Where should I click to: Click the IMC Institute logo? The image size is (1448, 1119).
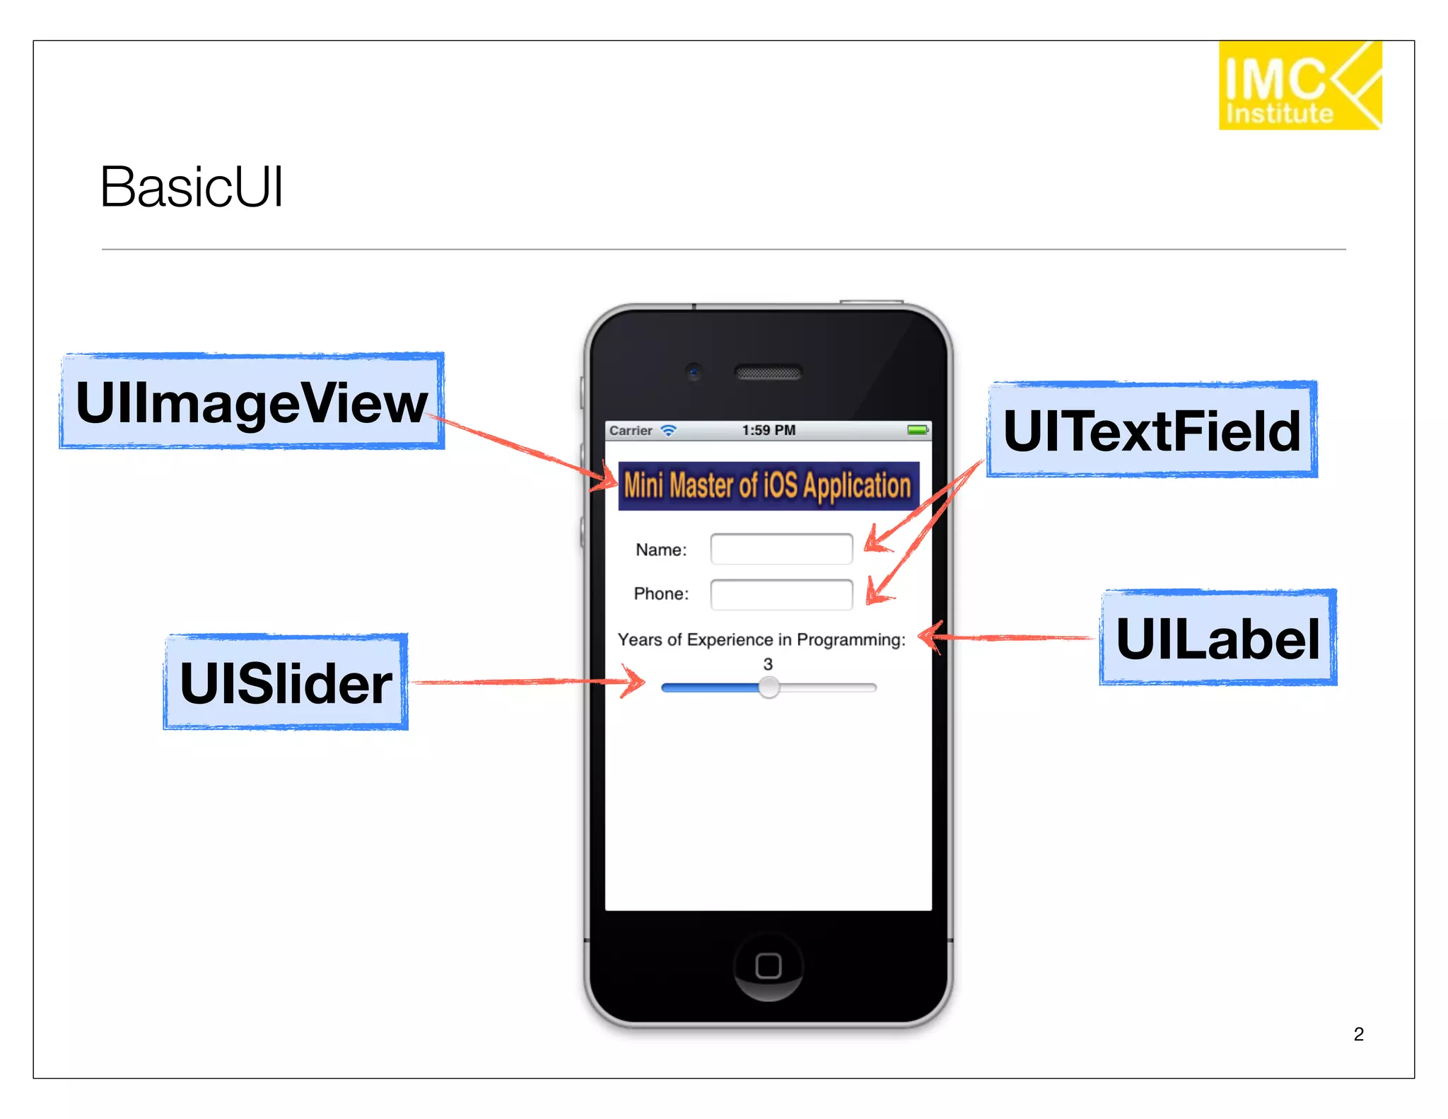pyautogui.click(x=1300, y=86)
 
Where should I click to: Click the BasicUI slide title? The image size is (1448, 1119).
pyautogui.click(x=192, y=187)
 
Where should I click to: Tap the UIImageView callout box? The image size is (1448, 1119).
pyautogui.click(x=252, y=401)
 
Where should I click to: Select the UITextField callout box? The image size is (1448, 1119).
pyautogui.click(x=1152, y=430)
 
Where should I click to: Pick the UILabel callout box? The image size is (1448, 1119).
pyautogui.click(x=1218, y=638)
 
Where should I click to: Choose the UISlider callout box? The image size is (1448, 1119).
pyautogui.click(x=286, y=683)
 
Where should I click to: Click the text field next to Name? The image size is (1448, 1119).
pyautogui.click(x=781, y=549)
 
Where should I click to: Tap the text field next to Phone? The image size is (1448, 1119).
pyautogui.click(x=781, y=594)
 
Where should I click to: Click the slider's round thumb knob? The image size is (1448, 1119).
pyautogui.click(x=769, y=688)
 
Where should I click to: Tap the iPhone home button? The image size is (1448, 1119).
pyautogui.click(x=769, y=966)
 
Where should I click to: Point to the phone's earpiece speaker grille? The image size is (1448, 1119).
pyautogui.click(x=769, y=373)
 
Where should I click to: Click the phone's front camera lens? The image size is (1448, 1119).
pyautogui.click(x=694, y=371)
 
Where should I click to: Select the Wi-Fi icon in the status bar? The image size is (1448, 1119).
pyautogui.click(x=668, y=430)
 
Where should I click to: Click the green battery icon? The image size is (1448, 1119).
pyautogui.click(x=918, y=430)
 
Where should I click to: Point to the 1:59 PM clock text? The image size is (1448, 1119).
pyautogui.click(x=769, y=430)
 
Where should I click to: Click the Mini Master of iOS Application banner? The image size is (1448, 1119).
pyautogui.click(x=769, y=486)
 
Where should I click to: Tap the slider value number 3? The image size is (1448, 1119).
pyautogui.click(x=768, y=664)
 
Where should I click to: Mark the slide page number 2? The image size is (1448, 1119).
pyautogui.click(x=1358, y=1034)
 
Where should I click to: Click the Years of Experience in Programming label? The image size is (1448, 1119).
pyautogui.click(x=761, y=639)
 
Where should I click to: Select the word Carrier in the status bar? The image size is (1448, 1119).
pyautogui.click(x=631, y=431)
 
